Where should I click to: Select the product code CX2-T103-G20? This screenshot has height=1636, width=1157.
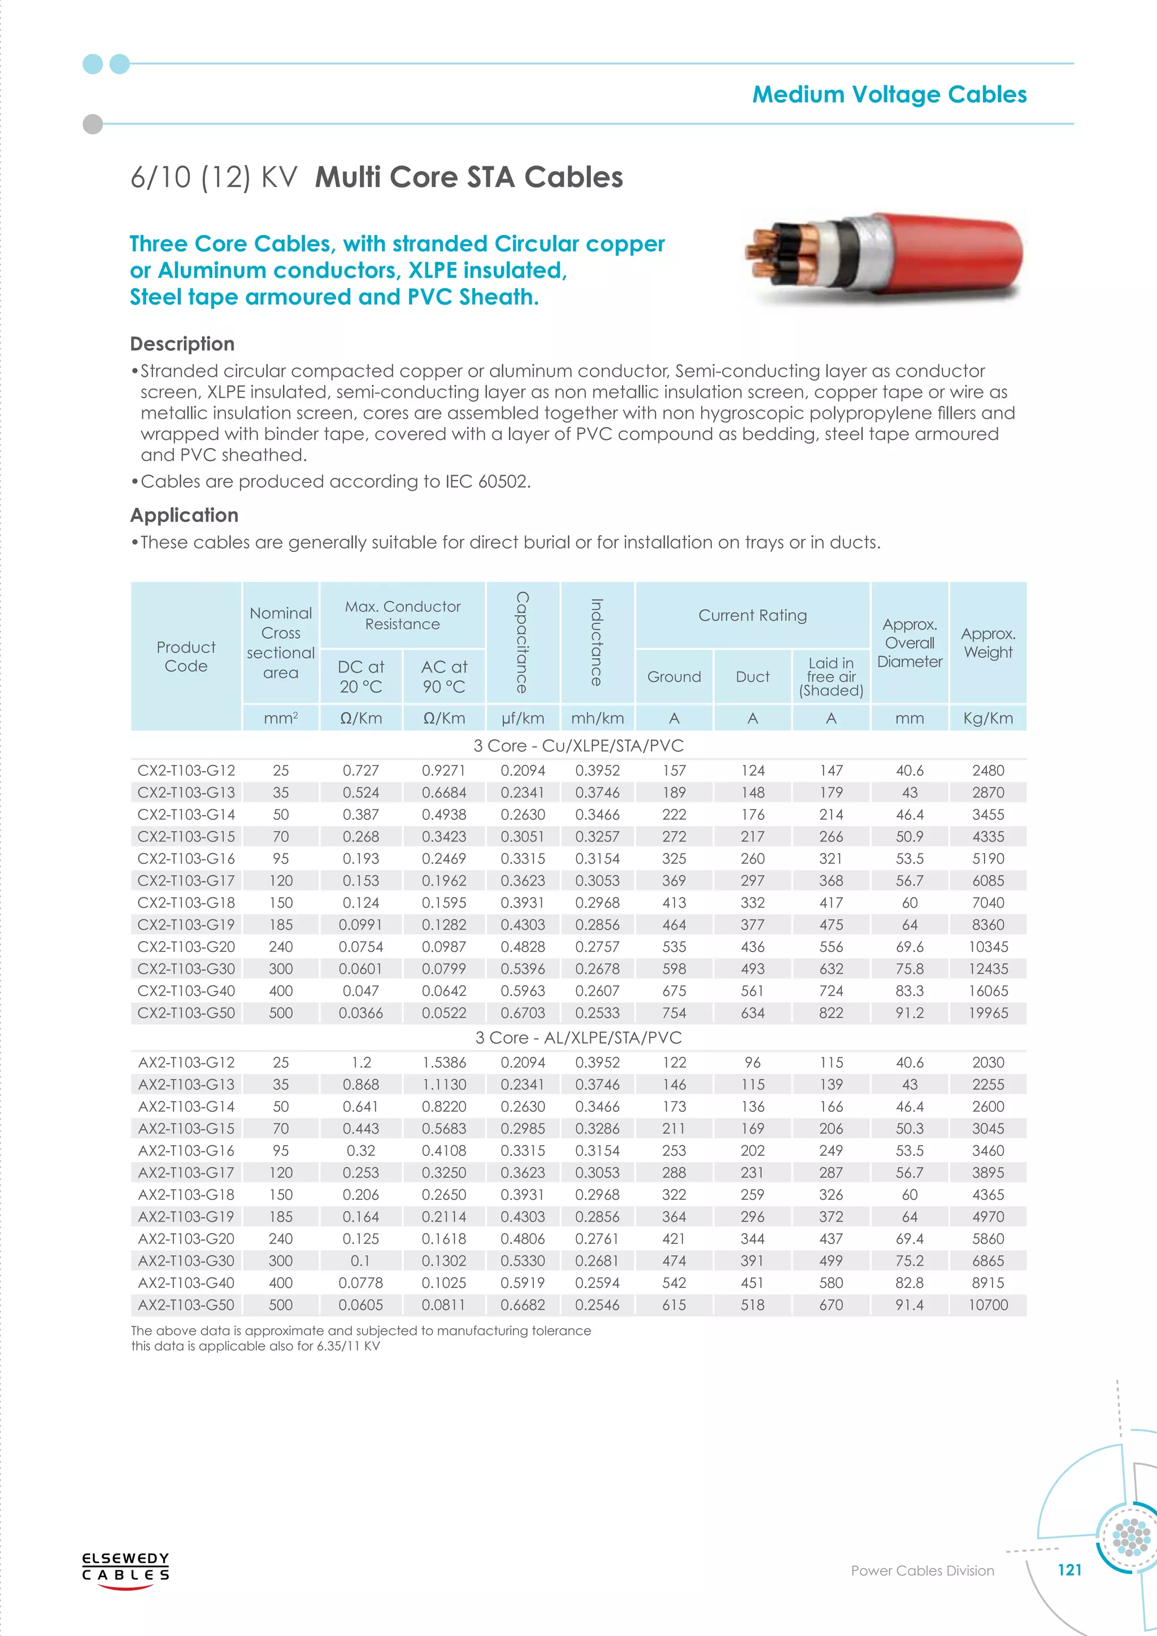(186, 946)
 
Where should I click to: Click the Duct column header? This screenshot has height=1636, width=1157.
(753, 676)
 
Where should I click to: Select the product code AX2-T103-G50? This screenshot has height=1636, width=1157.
(186, 1304)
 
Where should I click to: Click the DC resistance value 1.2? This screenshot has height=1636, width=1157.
(361, 1063)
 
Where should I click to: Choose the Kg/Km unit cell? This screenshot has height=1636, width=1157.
(988, 718)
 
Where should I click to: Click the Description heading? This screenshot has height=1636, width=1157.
(182, 344)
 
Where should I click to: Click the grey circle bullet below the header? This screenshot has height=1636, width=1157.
(93, 124)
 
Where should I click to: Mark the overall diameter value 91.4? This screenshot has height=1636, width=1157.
(909, 1304)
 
